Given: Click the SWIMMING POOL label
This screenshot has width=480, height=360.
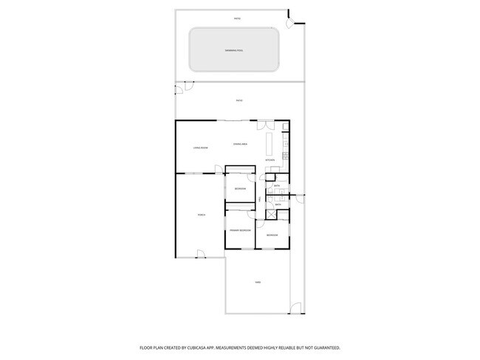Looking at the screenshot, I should point(234,50).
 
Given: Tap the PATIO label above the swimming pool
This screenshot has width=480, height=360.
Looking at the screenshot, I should point(237,18).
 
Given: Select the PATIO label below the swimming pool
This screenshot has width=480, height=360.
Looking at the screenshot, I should point(239,100).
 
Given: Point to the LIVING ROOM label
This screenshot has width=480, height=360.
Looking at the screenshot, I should point(200,148).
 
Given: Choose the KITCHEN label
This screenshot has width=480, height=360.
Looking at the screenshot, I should point(270,159).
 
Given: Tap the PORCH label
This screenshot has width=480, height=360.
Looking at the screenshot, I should point(201,215).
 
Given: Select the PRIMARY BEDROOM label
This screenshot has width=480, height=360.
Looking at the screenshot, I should point(240,230).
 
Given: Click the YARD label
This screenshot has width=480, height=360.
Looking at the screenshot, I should point(258,283).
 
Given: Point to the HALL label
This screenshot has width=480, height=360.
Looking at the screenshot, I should point(260,199).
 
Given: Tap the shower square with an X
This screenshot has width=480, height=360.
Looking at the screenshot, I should point(271,215).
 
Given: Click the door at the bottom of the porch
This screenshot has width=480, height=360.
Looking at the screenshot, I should point(200,255).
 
